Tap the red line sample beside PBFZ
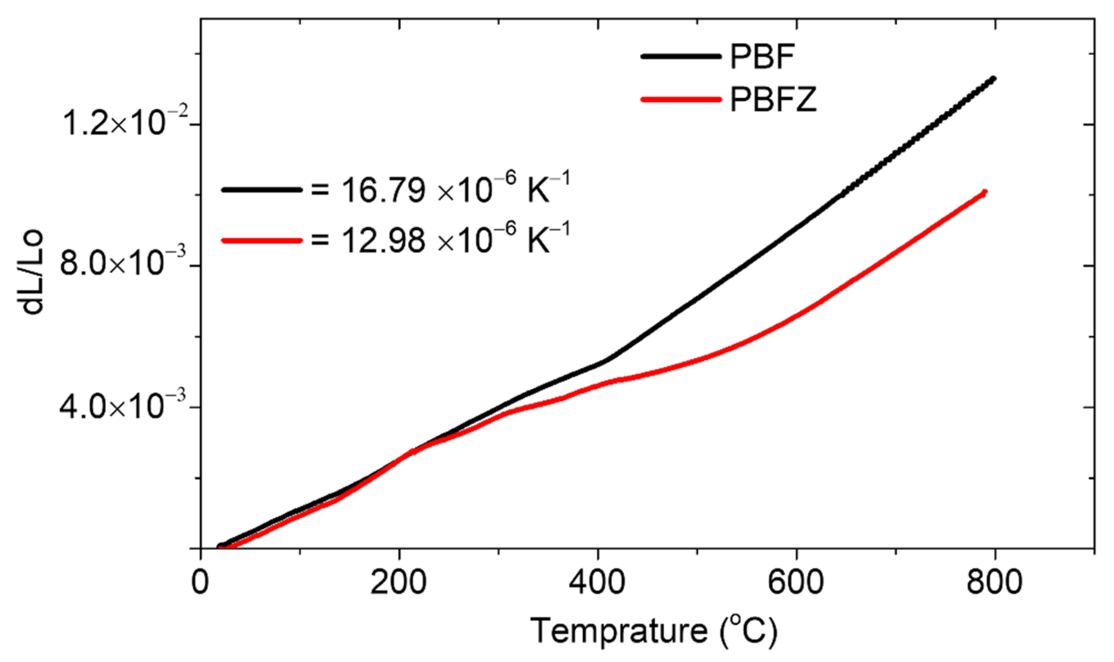coord(681,99)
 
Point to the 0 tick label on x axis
coord(200,583)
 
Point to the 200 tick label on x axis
coord(398,583)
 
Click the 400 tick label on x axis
coord(597,583)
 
